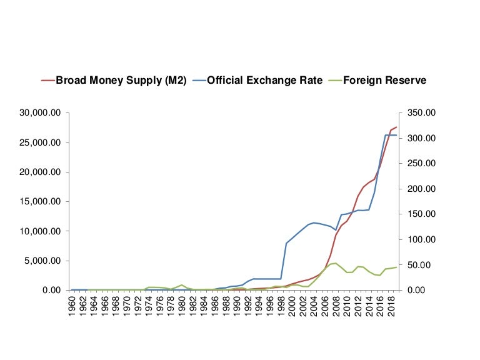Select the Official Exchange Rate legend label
point(265,80)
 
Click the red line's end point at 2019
point(396,127)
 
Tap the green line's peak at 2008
point(336,263)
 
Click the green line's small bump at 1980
point(182,285)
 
